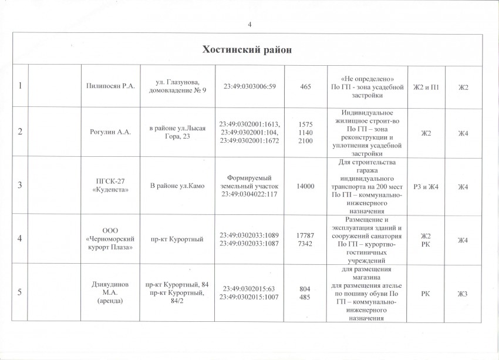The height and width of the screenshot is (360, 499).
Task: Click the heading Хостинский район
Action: pos(247,49)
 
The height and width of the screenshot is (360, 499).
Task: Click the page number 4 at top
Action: pos(250,24)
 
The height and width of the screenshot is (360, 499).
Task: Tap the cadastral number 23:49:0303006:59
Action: pos(250,87)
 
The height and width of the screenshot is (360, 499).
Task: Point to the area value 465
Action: pos(305,87)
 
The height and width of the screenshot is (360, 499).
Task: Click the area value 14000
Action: pos(305,186)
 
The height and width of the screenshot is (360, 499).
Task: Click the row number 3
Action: pos(20,186)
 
